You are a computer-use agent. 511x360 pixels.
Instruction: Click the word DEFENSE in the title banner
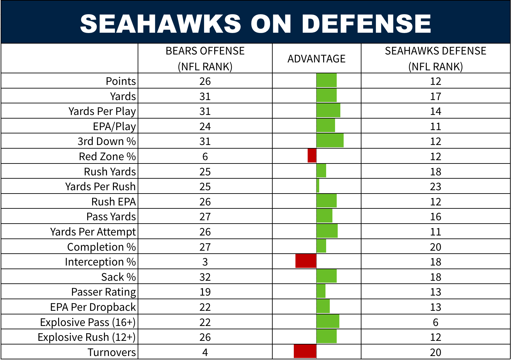click(x=366, y=24)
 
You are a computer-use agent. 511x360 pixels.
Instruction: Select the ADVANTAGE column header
click(x=316, y=59)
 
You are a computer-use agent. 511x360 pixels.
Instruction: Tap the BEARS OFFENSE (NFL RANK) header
click(x=205, y=59)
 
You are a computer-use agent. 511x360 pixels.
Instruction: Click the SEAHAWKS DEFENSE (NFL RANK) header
click(x=435, y=59)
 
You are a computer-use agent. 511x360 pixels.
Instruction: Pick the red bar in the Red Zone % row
click(x=312, y=156)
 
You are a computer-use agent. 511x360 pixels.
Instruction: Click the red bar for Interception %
click(x=306, y=261)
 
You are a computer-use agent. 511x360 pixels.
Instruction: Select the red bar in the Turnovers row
click(x=305, y=351)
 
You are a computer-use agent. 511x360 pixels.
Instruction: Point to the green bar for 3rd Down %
click(x=330, y=141)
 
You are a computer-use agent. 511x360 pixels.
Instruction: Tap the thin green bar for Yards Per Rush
click(x=318, y=186)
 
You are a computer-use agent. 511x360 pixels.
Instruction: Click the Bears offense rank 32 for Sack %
click(x=205, y=277)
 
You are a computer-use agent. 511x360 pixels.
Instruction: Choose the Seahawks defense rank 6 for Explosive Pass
click(x=435, y=322)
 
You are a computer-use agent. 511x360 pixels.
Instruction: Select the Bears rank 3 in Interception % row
click(x=205, y=262)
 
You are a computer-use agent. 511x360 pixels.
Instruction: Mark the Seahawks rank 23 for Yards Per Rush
click(x=435, y=187)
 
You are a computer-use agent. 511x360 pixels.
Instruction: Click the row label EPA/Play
click(x=114, y=126)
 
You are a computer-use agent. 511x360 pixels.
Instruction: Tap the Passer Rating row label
click(x=103, y=292)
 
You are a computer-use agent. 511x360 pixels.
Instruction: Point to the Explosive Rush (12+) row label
click(x=86, y=337)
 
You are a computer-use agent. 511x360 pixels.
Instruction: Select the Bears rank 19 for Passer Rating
click(x=205, y=292)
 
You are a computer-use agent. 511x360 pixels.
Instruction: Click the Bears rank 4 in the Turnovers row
click(x=205, y=352)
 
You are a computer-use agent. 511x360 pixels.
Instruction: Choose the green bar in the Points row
click(x=326, y=80)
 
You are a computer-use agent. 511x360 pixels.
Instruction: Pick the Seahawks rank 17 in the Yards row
click(x=435, y=96)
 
